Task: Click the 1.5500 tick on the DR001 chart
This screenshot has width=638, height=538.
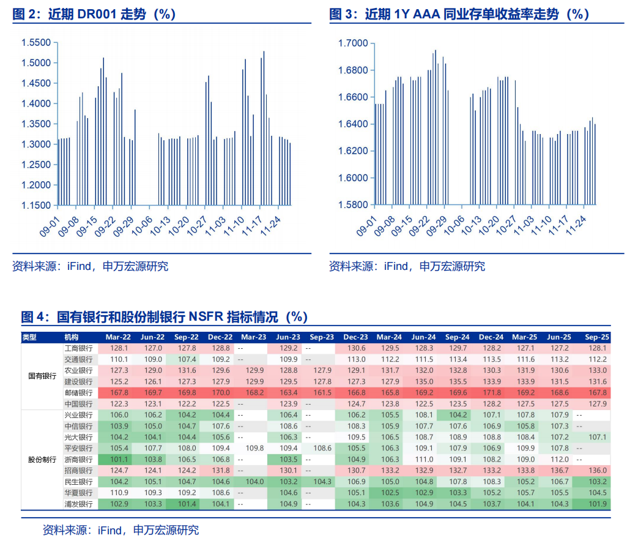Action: point(35,43)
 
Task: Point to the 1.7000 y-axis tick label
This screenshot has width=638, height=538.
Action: point(352,43)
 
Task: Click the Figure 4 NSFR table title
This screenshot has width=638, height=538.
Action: point(164,316)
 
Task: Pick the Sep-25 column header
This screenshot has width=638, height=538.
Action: point(596,337)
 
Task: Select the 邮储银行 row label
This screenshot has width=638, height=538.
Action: point(78,393)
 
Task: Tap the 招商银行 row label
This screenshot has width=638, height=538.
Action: point(78,471)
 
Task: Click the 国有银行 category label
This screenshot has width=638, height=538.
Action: point(42,376)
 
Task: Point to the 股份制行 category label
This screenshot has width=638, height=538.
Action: point(42,460)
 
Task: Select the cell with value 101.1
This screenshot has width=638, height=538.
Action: point(119,460)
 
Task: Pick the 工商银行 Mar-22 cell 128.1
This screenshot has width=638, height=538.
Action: point(119,348)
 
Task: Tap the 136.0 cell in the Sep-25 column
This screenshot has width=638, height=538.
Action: point(596,471)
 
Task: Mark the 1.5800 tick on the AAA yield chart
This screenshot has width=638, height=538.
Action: point(352,205)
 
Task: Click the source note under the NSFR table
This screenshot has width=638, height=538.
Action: point(121,529)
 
